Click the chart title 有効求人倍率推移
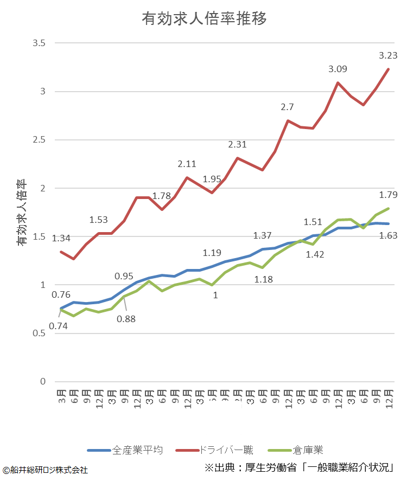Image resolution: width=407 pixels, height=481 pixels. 204,19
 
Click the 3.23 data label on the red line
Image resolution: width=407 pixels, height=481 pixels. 388,55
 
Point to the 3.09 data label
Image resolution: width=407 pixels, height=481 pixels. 338,69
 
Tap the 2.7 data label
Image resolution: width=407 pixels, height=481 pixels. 287,107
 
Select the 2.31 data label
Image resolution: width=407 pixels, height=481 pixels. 237,144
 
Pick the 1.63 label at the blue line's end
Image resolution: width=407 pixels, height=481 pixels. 388,235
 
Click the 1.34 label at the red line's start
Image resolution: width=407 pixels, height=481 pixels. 61,238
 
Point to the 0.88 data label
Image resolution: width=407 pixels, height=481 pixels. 126,318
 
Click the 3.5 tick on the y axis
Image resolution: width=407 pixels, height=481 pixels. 39,43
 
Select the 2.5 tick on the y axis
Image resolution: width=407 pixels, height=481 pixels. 39,140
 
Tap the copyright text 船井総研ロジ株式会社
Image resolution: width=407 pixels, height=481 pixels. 45,470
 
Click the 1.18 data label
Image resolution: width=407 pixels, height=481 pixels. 264,280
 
